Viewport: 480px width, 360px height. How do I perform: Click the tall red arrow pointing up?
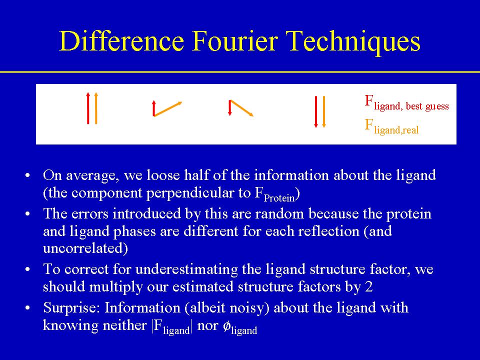pyautogui.click(x=88, y=108)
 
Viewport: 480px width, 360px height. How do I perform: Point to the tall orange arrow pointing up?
pyautogui.click(x=96, y=108)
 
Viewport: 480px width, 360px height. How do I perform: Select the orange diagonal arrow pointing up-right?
pyautogui.click(x=168, y=109)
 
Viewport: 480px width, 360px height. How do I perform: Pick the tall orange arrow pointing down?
pyautogui.click(x=324, y=111)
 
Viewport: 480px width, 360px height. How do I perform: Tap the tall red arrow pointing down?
pyautogui.click(x=316, y=111)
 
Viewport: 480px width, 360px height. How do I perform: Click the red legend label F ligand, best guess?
pyautogui.click(x=406, y=103)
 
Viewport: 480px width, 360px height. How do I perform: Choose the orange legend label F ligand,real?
pyautogui.click(x=391, y=126)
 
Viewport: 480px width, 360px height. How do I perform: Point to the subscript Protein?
pyautogui.click(x=279, y=198)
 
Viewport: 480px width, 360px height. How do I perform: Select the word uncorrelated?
pyautogui.click(x=85, y=248)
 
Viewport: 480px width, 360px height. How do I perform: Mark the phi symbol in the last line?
pyautogui.click(x=226, y=326)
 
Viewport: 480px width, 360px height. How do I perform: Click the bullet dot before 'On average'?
pyautogui.click(x=28, y=176)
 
